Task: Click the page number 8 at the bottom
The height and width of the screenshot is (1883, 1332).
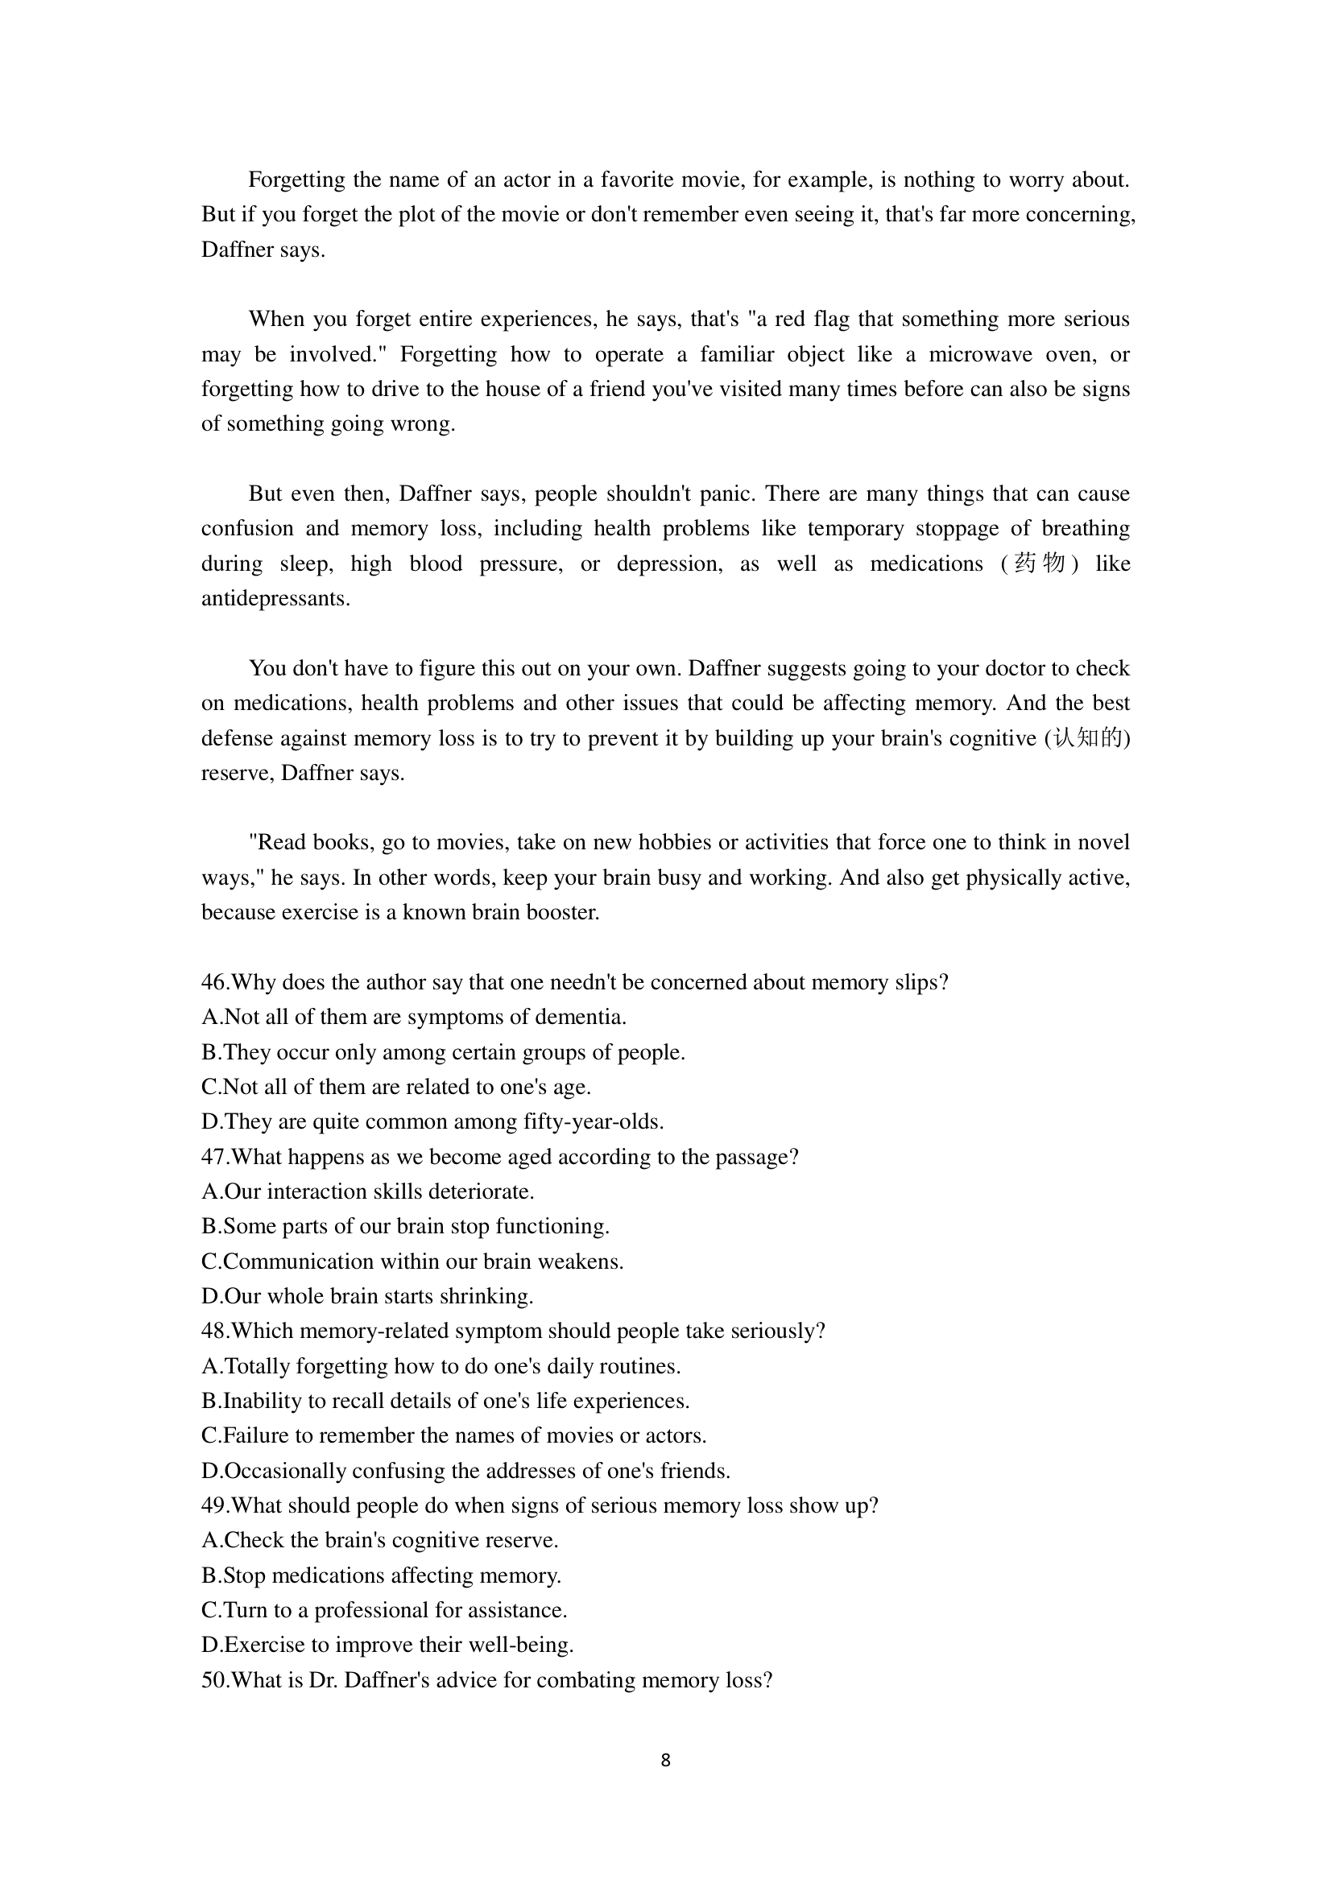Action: [x=665, y=1760]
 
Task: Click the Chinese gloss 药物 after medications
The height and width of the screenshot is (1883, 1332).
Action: [x=1039, y=564]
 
